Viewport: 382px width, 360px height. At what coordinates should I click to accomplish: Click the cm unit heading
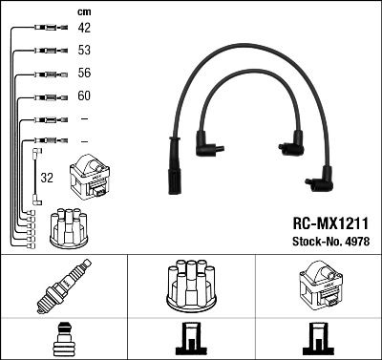(x=83, y=11)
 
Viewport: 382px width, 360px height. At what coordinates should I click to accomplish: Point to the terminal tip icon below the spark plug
(x=62, y=339)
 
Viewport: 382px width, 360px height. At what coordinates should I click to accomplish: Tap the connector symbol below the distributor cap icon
(x=190, y=339)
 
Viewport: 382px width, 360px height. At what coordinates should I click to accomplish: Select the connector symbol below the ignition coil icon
(x=318, y=339)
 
